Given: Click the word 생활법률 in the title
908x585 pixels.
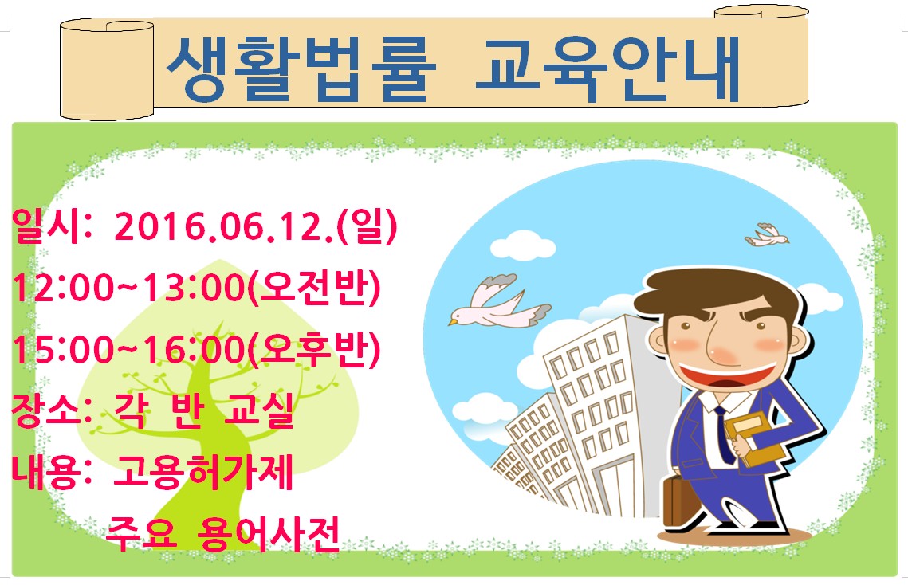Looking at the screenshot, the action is (301, 69).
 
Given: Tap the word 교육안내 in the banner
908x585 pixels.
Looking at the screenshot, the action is (608, 69).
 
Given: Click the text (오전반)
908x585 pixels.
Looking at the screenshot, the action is (314, 288).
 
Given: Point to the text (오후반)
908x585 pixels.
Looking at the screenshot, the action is (314, 350).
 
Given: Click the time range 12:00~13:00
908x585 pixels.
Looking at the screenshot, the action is (128, 288).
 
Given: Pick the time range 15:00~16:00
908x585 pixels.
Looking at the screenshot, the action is (128, 350).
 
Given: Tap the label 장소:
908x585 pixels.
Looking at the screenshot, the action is (52, 410).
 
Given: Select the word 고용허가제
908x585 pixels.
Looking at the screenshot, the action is (202, 472).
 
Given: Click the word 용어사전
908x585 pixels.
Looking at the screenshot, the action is (268, 533).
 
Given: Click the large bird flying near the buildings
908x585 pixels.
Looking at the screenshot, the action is (499, 301).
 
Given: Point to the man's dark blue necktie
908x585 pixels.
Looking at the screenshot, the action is (724, 434).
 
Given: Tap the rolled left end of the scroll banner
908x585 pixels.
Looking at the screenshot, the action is (107, 69).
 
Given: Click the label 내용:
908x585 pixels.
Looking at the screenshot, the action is (52, 472).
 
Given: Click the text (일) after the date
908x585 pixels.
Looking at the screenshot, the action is (368, 226).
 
